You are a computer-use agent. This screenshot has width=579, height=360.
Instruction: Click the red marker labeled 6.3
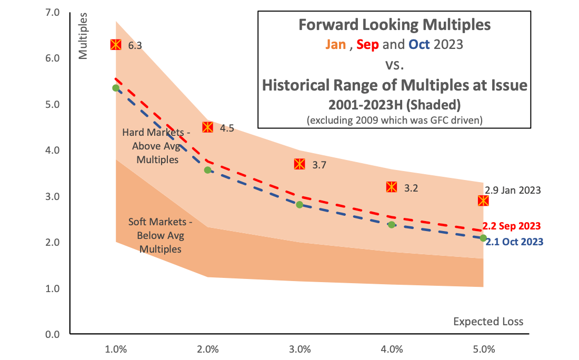(x=116, y=45)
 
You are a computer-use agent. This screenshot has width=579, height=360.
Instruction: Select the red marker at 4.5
(x=207, y=127)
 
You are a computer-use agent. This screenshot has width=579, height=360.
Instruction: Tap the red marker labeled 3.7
(x=300, y=164)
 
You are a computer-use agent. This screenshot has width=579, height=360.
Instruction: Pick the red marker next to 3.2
(x=391, y=187)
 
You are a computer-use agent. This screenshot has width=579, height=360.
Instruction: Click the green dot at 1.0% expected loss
(x=116, y=88)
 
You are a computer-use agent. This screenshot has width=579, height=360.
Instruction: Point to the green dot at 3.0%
(x=300, y=204)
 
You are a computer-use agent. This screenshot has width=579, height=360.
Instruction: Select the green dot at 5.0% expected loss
(x=483, y=238)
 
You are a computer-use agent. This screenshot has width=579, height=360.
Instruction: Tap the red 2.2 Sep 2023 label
(x=512, y=226)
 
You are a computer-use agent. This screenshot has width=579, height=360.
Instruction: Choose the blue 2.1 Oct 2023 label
(x=514, y=242)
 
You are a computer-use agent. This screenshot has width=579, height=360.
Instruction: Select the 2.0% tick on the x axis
(x=207, y=349)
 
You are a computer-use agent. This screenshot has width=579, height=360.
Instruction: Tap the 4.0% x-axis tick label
(x=391, y=349)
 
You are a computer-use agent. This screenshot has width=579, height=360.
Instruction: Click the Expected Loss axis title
(x=488, y=321)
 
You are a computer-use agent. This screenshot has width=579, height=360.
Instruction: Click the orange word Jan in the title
(x=335, y=44)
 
